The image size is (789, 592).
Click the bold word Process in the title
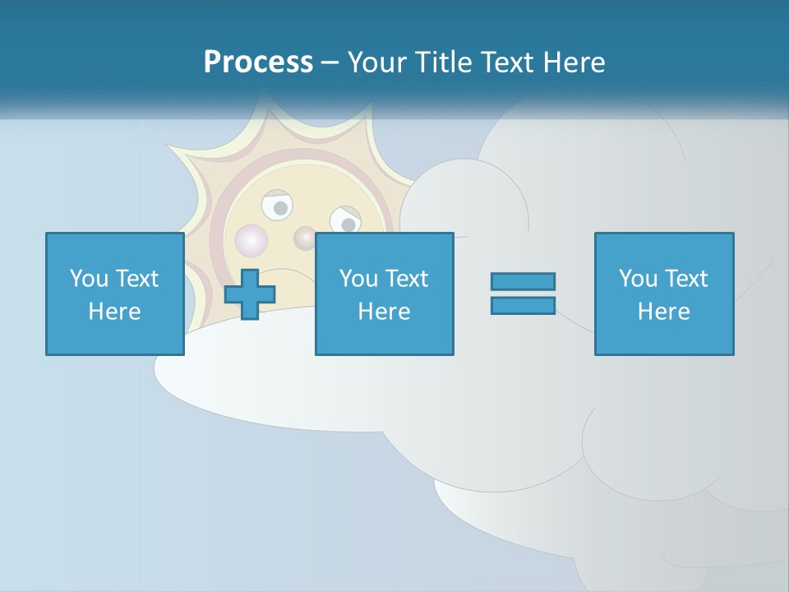(258, 62)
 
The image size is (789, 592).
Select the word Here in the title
(574, 62)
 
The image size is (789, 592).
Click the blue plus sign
(250, 294)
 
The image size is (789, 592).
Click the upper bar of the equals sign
(523, 281)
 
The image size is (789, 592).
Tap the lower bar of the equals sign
(523, 305)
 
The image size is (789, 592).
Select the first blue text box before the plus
(115, 294)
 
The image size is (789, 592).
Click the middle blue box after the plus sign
(385, 294)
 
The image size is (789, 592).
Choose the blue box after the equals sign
(664, 294)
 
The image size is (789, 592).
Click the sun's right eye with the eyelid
(345, 220)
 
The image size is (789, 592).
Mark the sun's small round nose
(305, 238)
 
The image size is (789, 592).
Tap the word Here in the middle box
(385, 312)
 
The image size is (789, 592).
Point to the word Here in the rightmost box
(664, 312)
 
